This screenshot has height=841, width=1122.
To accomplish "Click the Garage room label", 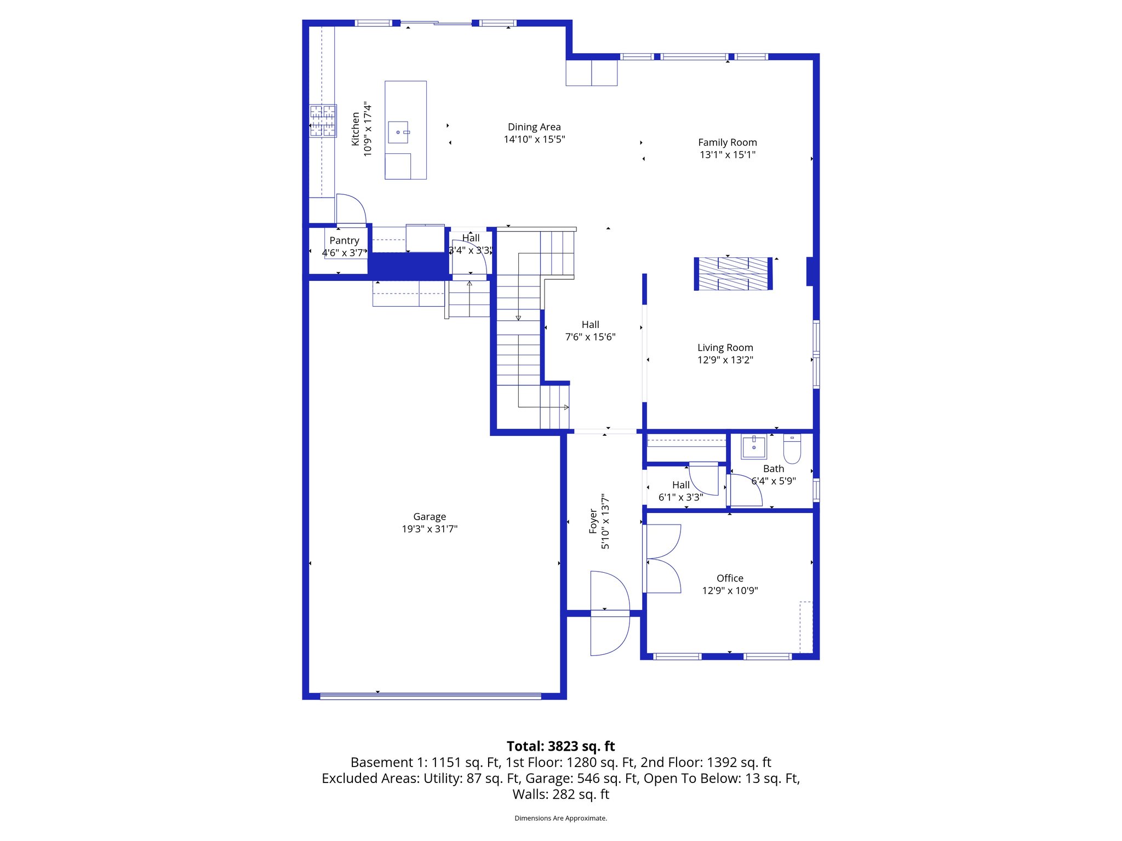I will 429,516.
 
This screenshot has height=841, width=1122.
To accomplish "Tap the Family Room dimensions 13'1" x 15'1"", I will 727,155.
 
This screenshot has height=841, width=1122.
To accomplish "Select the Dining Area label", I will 534,127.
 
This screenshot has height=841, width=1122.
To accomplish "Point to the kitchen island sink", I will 398,132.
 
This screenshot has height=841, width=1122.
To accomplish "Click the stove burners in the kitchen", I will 323,120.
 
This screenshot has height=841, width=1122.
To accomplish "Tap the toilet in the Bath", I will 792,448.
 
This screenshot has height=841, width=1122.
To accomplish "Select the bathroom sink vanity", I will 754,447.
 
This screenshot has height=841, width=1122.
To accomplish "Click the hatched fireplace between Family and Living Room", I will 733,273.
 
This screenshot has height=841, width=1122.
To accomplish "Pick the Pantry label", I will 344,240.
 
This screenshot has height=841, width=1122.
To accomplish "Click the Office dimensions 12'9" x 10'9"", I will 730,591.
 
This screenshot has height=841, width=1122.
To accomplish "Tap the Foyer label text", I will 593,521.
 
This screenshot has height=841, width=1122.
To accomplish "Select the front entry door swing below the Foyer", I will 610,635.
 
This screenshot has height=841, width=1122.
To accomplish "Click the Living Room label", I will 725,348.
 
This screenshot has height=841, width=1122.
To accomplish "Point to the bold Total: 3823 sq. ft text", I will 560,746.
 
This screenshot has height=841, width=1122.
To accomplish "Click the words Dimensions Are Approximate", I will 560,818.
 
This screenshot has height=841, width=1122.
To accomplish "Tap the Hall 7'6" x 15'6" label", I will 590,331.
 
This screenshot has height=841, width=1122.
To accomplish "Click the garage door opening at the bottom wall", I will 430,696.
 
